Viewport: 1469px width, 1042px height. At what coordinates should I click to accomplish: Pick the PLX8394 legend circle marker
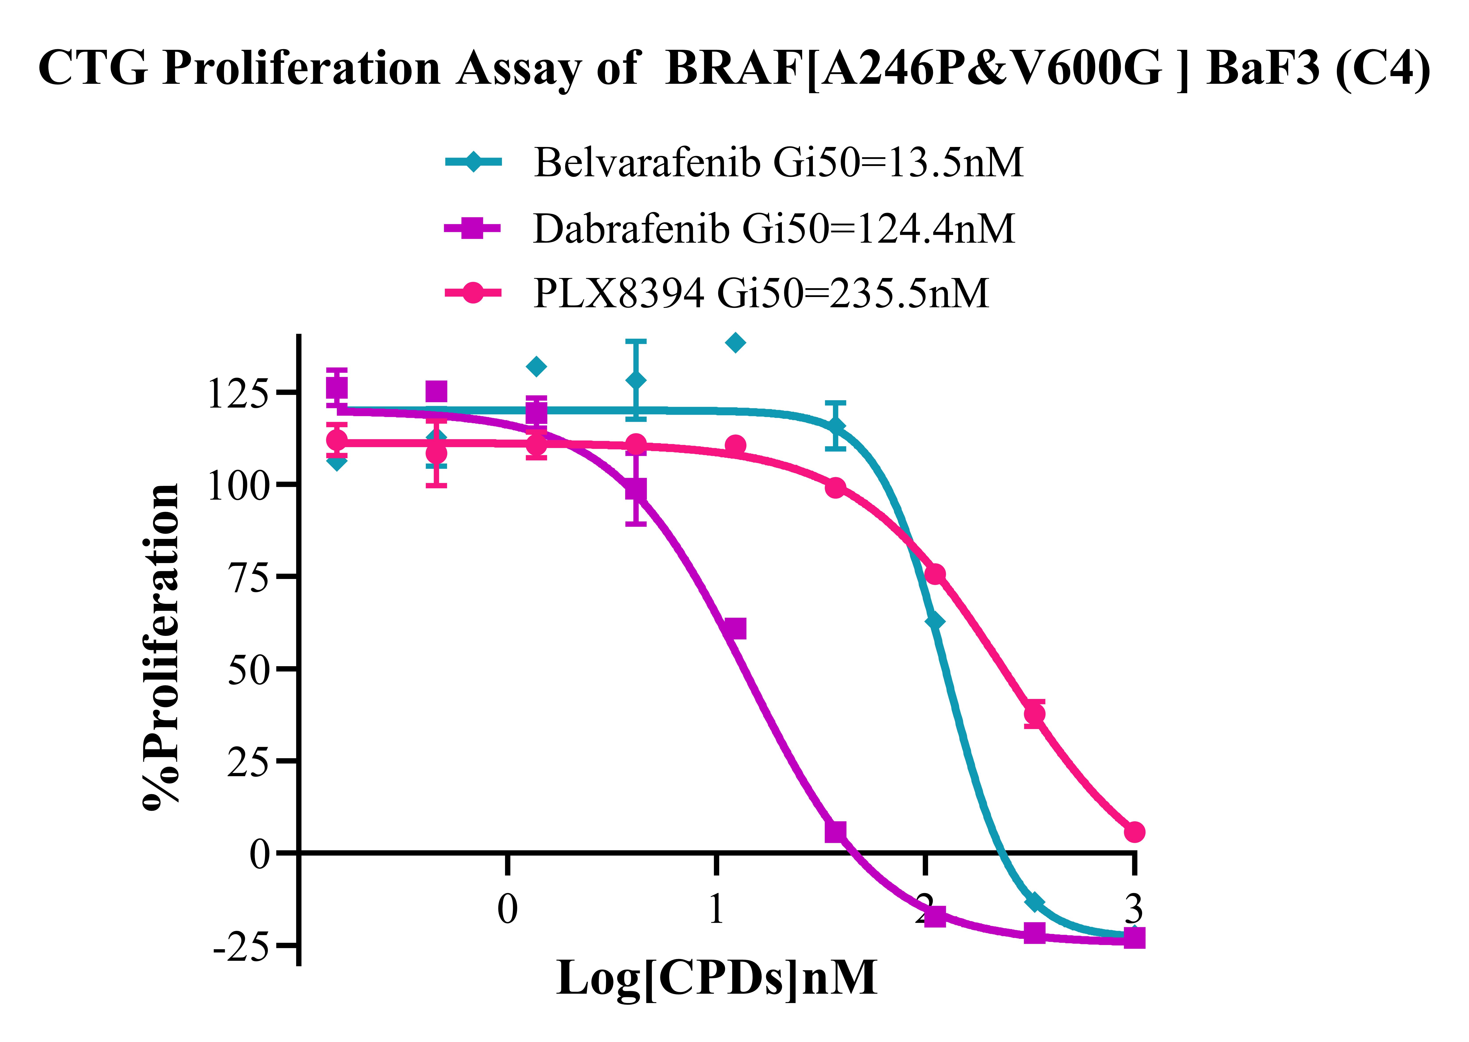[473, 293]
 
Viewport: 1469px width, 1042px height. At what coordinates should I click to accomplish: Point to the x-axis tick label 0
[507, 909]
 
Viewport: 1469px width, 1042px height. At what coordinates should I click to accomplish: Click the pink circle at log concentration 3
[1134, 832]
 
